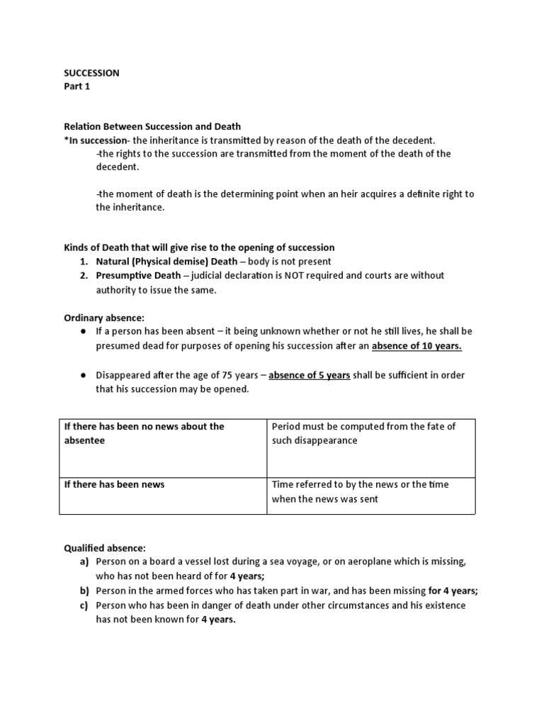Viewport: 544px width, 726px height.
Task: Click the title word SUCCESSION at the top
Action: click(x=91, y=73)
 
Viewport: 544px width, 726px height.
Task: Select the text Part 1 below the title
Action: click(x=77, y=86)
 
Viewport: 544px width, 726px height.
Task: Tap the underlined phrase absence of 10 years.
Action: click(x=416, y=346)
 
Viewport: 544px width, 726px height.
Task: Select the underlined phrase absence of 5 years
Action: click(x=309, y=375)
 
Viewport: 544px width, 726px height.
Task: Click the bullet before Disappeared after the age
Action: click(x=83, y=375)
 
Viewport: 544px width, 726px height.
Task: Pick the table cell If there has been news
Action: click(x=114, y=484)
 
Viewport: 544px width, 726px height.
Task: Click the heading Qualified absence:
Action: click(x=105, y=548)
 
